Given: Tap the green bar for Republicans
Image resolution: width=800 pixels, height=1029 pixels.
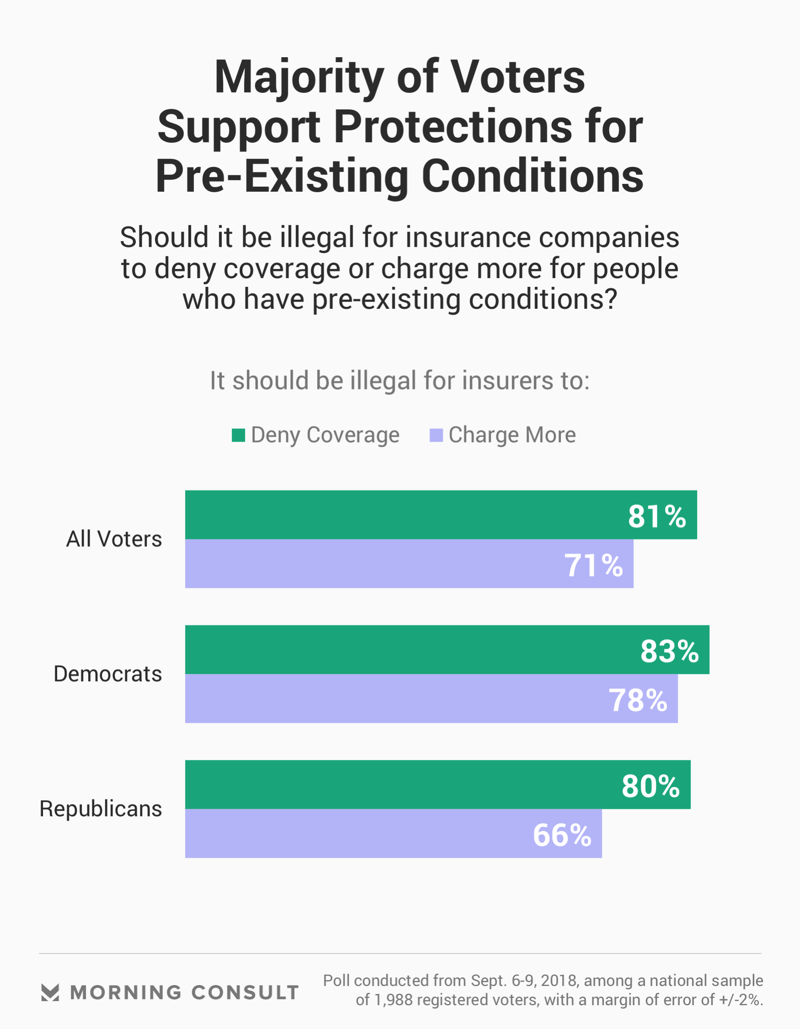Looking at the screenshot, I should point(401,785).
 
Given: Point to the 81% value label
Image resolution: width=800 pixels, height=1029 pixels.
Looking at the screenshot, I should point(657,517).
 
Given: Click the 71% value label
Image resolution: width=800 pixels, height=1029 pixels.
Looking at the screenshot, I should point(594,566).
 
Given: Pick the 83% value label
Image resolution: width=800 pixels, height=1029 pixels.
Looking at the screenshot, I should point(670,652).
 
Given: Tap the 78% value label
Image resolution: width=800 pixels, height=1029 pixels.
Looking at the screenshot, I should point(638,700).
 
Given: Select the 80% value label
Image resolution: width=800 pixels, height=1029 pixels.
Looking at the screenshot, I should point(650,787).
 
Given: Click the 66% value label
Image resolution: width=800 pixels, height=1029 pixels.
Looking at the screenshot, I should point(562,835).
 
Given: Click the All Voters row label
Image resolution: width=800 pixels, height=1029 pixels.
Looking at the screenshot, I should point(114,539).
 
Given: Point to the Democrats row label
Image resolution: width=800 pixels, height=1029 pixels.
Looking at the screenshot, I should point(108,674).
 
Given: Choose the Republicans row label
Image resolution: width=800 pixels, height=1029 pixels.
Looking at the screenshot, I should point(101,809).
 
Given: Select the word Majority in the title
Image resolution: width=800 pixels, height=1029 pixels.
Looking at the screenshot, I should point(299,78).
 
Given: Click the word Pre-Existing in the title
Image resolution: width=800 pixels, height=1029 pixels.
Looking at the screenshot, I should point(282,177).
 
